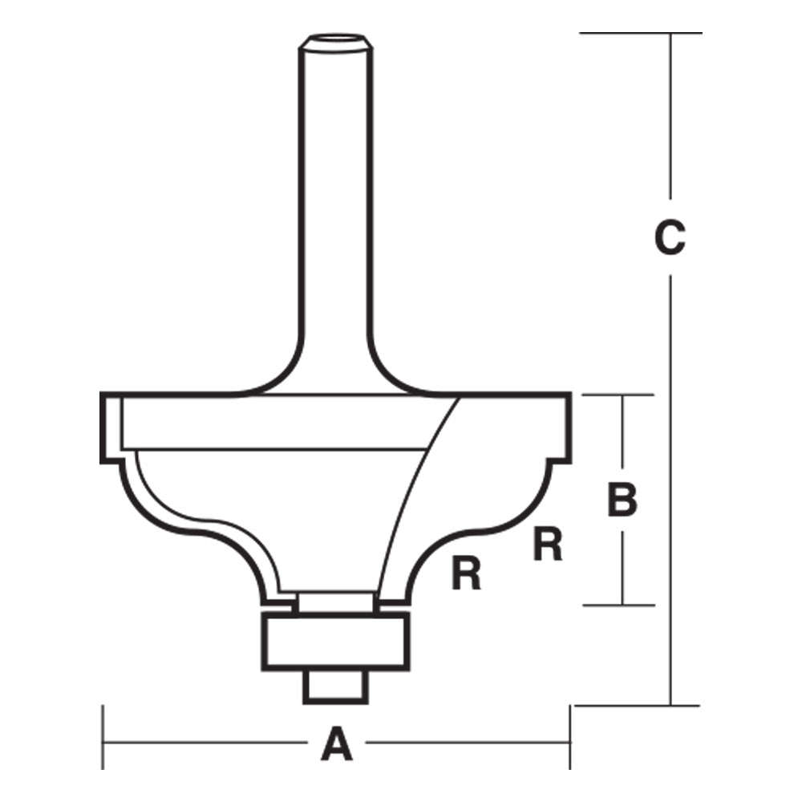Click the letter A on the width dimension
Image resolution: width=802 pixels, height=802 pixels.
click(x=337, y=743)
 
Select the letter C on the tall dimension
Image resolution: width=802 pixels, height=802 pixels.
click(x=670, y=237)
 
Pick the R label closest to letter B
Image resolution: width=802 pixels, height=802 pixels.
click(x=548, y=545)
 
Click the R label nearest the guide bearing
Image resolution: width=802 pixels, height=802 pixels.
click(x=466, y=575)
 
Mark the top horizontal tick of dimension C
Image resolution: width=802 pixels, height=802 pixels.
click(x=640, y=33)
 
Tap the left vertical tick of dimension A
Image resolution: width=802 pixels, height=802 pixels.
click(x=103, y=736)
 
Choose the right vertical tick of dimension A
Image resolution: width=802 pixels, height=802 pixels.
click(x=570, y=736)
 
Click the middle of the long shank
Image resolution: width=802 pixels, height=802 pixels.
click(x=335, y=200)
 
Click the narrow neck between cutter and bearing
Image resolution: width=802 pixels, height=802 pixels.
click(x=335, y=601)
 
